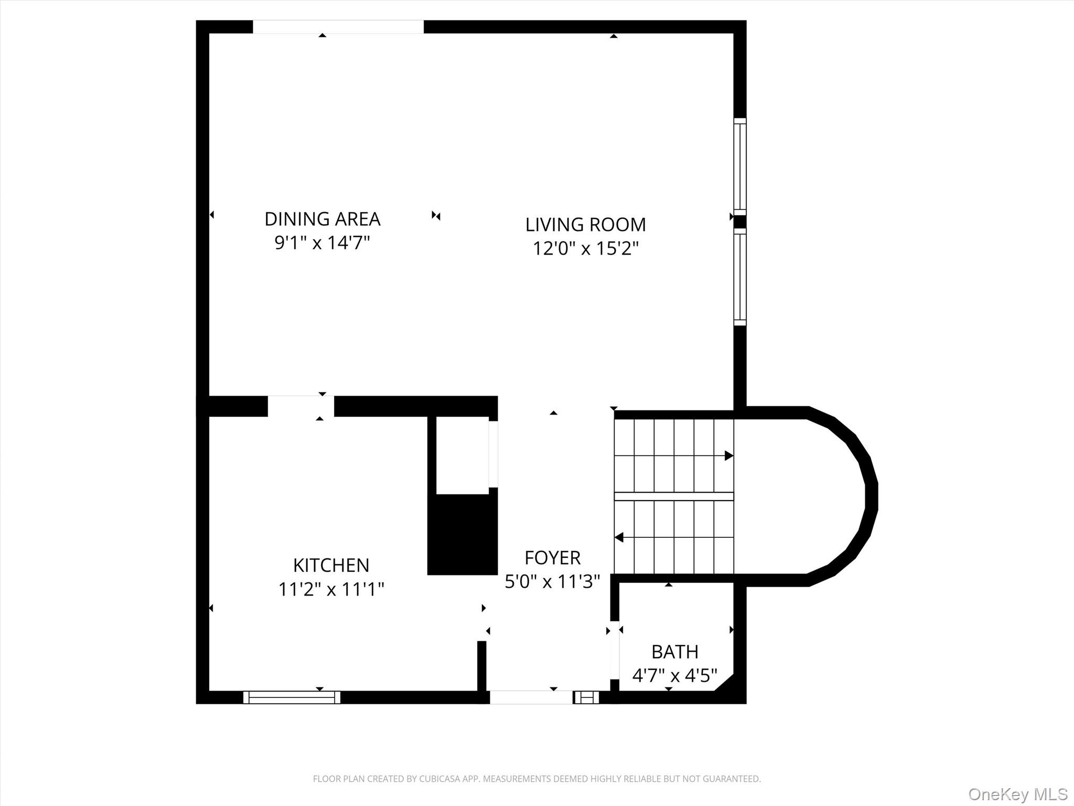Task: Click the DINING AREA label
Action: [322, 219]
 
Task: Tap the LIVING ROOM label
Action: [585, 225]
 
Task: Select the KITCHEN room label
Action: [331, 565]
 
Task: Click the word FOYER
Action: [552, 557]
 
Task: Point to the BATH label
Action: [674, 652]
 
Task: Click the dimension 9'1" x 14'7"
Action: [322, 243]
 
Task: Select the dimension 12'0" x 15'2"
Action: [585, 248]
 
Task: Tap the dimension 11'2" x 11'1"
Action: [331, 589]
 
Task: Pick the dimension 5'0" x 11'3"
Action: [552, 581]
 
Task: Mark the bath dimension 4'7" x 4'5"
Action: [674, 675]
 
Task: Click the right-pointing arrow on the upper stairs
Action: [728, 455]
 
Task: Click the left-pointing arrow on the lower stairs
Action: [619, 537]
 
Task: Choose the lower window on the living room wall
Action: [739, 277]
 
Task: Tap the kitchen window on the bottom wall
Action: [292, 697]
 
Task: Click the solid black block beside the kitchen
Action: [463, 534]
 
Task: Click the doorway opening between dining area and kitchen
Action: [300, 406]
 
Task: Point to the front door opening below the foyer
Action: [531, 697]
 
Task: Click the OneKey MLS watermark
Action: [1017, 794]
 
